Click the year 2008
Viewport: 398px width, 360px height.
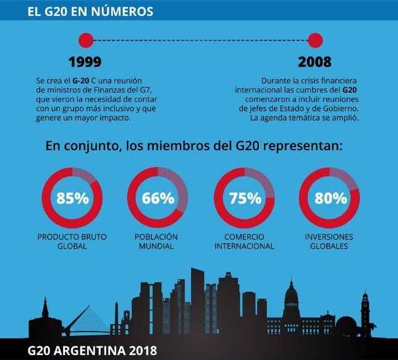click(314, 62)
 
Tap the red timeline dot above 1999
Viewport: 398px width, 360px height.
click(86, 40)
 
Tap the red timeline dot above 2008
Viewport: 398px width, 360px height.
click(315, 40)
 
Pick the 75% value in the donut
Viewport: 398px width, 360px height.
click(244, 199)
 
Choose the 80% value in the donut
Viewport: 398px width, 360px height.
click(330, 199)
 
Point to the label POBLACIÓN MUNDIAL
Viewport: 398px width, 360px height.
click(156, 241)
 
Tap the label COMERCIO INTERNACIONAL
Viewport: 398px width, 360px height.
click(244, 241)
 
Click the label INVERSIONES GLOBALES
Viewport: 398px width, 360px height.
click(330, 241)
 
